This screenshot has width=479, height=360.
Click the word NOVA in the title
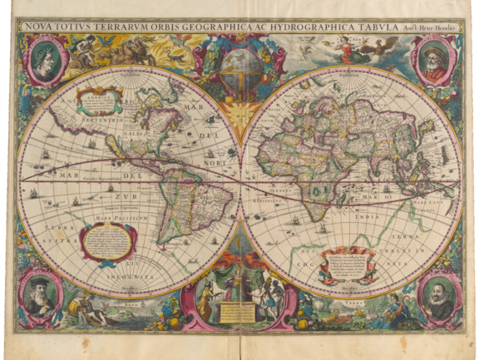pos(37,25)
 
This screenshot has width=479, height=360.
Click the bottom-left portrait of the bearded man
pos(41,296)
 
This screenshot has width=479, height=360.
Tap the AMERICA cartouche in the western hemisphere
pos(98,101)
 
